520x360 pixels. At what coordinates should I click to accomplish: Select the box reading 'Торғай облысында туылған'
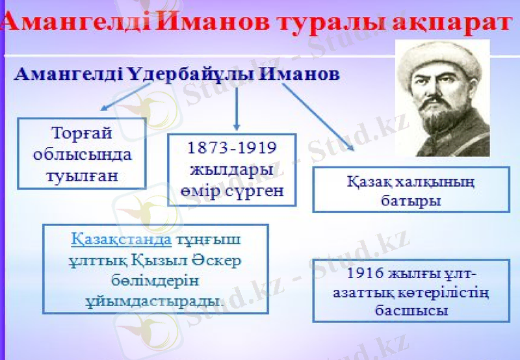point(81,154)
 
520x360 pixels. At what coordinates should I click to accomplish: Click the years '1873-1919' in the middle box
point(231,148)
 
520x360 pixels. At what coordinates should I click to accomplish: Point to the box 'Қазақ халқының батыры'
point(410,190)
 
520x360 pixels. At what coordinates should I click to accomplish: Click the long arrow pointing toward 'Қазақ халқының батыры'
point(318,117)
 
